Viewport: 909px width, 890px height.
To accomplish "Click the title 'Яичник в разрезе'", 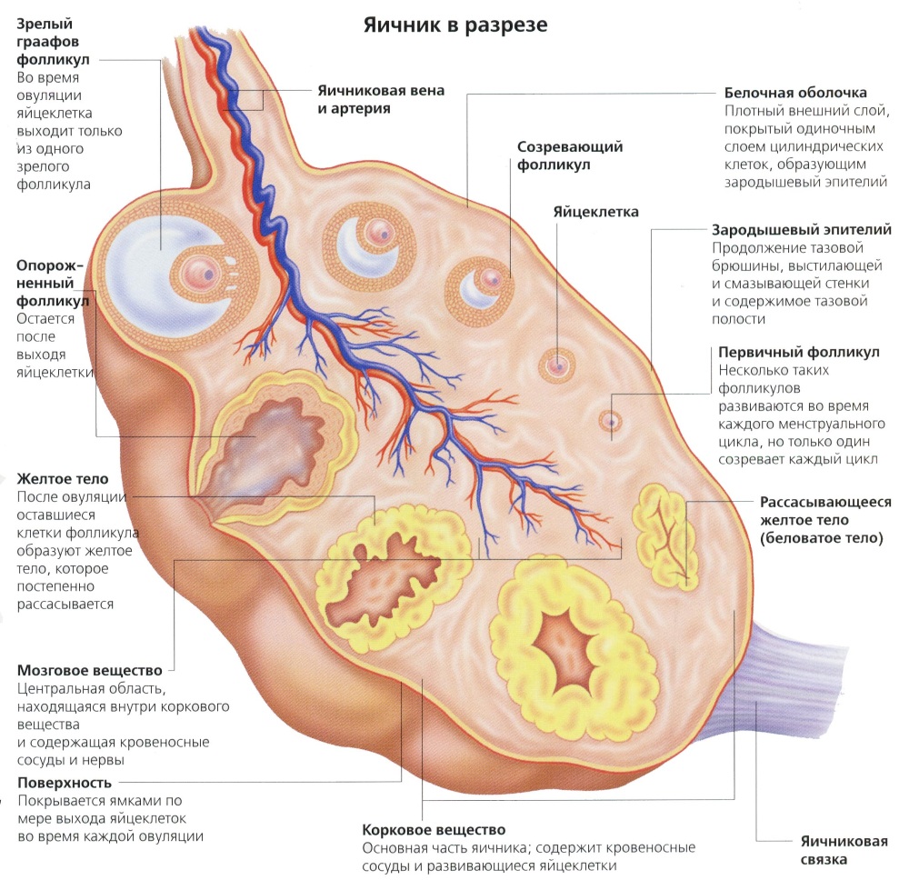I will click(x=455, y=25).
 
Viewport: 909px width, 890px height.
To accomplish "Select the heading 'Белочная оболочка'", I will click(x=795, y=93).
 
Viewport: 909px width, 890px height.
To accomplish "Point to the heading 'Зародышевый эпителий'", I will click(x=802, y=230).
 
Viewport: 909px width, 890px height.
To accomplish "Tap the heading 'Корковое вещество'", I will click(x=433, y=830).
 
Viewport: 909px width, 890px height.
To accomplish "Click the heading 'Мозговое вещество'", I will click(x=89, y=671).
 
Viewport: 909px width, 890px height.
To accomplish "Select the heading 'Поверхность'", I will click(x=65, y=783).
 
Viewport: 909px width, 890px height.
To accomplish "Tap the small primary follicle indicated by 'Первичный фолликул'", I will click(x=610, y=421).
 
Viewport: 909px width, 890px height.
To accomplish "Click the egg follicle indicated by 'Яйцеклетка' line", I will click(x=557, y=365).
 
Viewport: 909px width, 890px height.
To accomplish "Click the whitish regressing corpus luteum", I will click(x=665, y=532).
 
